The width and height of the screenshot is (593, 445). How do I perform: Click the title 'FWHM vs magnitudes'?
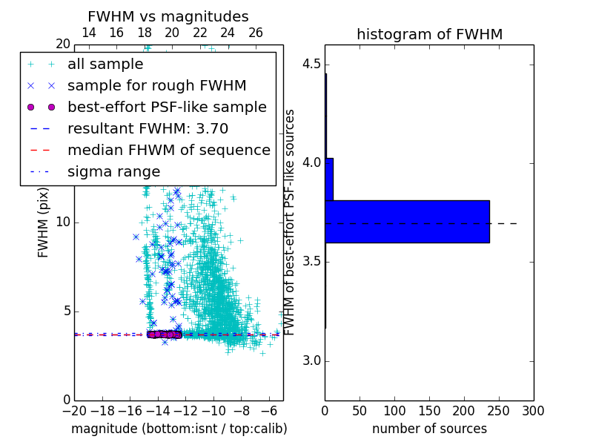tap(168, 17)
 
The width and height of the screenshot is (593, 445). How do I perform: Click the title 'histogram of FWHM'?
tap(429, 34)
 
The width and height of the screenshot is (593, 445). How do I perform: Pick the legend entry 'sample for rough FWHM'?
tap(156, 85)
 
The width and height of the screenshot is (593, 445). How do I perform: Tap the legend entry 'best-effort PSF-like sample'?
tap(167, 107)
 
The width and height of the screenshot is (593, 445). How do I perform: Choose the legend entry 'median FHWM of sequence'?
tap(168, 150)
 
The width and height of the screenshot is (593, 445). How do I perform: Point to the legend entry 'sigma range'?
tap(113, 171)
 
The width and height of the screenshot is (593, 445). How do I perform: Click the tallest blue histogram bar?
tap(407, 221)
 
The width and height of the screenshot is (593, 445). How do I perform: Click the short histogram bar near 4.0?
tap(329, 179)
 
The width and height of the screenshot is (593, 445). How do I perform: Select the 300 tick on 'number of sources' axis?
tap(534, 410)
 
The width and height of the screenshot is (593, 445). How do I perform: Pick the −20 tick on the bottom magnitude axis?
tap(74, 410)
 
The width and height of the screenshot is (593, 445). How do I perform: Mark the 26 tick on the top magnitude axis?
tap(256, 33)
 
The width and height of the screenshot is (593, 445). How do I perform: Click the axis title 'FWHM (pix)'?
tap(44, 222)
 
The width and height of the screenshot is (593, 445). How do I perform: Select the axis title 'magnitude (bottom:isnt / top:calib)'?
tap(179, 429)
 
